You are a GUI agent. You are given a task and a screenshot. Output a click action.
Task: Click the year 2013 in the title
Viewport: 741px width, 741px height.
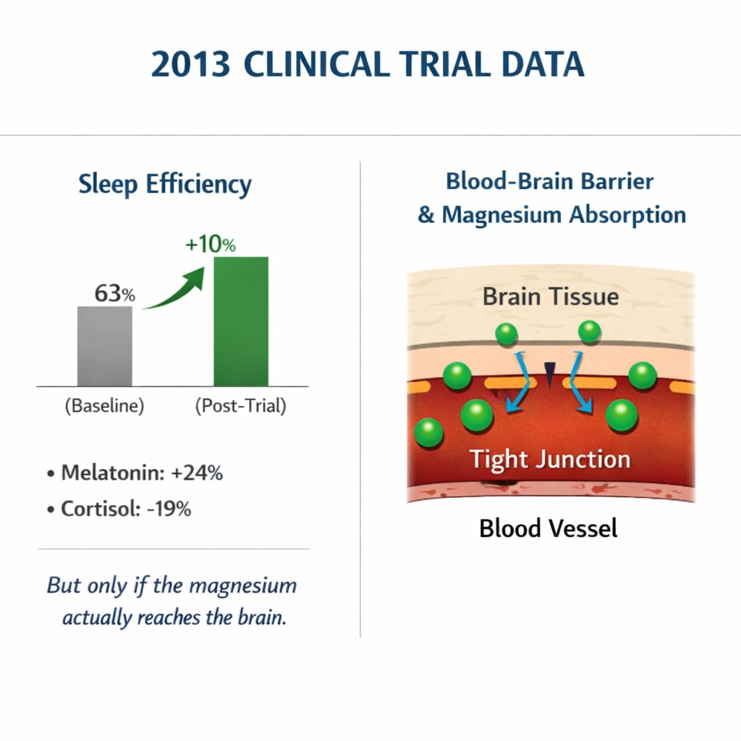[x=191, y=64]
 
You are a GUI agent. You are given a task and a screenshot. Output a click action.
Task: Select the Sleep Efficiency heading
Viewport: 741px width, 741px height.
[x=165, y=185]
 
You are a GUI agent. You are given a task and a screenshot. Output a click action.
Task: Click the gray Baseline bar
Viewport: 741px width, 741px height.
[x=105, y=346]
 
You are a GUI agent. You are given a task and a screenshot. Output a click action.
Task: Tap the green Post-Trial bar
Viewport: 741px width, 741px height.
[x=241, y=321]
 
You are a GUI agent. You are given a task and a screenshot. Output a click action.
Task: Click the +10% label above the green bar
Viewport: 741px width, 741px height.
[x=211, y=245]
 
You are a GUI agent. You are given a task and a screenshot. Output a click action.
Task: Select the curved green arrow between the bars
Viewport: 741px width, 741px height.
[x=178, y=289]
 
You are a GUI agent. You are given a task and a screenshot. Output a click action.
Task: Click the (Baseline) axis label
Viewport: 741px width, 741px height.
[x=104, y=406]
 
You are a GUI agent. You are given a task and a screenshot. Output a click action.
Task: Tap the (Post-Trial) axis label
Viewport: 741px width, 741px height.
[x=241, y=406]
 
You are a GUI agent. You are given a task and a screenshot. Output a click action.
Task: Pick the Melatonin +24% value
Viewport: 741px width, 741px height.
[x=197, y=473]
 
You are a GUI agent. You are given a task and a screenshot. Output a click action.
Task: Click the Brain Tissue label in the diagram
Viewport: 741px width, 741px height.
[x=551, y=297]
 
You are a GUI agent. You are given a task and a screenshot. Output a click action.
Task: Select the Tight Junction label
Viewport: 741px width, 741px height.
[x=550, y=459]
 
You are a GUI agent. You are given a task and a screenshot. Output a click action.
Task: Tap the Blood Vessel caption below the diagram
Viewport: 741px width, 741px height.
[x=549, y=528]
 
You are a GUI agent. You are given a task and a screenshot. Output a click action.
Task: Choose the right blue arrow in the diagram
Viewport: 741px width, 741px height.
[x=583, y=384]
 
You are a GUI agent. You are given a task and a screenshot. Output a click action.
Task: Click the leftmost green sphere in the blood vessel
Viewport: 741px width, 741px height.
[x=428, y=433]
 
